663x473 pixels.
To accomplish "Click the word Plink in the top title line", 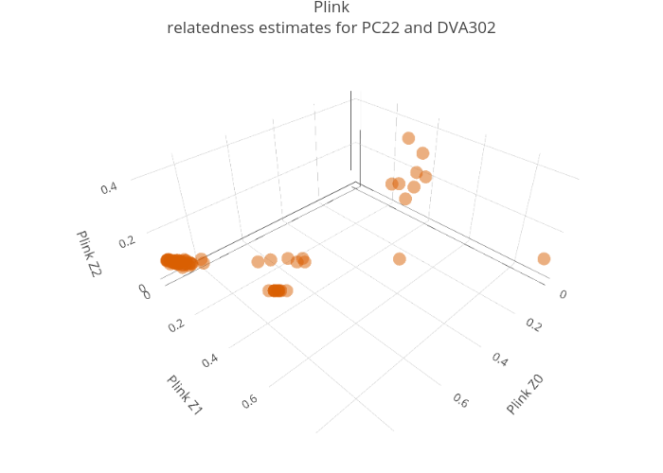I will [331, 9].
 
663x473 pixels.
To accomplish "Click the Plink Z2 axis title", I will [88, 254].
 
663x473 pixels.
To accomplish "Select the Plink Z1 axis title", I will [185, 395].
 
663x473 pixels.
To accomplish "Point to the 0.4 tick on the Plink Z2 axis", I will [109, 188].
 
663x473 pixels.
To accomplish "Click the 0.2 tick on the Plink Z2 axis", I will [128, 242].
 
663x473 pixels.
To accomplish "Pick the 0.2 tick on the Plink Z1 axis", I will [177, 325].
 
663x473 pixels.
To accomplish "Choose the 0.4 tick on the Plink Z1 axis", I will [211, 360].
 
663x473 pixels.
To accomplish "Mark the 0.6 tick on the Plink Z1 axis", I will [250, 401].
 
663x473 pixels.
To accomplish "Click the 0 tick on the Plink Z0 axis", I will [563, 294].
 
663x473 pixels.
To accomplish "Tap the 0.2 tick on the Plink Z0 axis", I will [533, 324].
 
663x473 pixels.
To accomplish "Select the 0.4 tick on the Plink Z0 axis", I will [500, 359].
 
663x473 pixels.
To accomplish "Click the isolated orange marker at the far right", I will [544, 259].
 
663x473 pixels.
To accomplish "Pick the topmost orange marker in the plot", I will [408, 138].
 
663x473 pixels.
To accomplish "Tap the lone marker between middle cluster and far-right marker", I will [400, 259].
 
